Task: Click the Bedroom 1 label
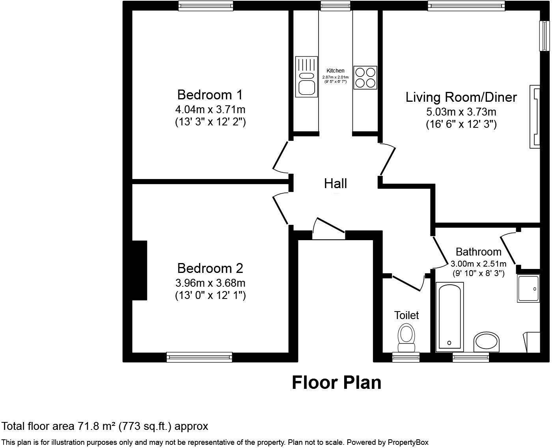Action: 210,95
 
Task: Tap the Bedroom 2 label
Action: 210,268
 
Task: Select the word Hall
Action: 336,183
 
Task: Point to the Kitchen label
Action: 336,71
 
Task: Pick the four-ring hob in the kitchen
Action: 365,78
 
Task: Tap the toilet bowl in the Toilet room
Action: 407,338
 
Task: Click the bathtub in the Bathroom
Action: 449,317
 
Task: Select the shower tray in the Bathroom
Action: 528,288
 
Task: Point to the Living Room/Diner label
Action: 461,97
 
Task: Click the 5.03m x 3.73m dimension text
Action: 461,112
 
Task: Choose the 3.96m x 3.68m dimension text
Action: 210,283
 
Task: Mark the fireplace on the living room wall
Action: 535,117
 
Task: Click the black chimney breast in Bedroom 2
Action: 140,271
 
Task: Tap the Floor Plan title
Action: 337,383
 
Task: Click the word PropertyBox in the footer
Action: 408,442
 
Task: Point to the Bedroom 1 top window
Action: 206,6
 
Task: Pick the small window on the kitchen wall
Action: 336,6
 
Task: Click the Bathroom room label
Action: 478,252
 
